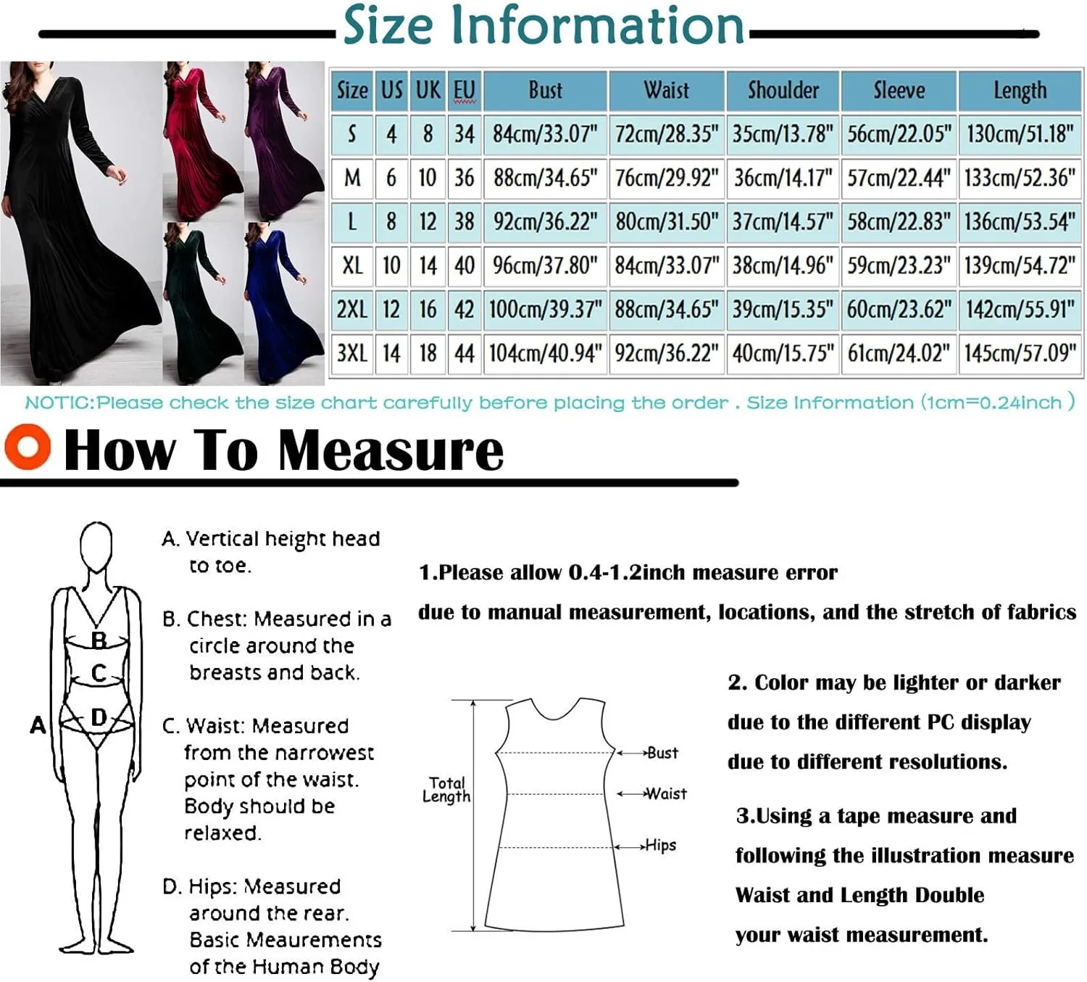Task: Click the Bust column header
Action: point(545,91)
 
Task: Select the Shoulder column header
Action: point(783,91)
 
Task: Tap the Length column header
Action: point(1020,91)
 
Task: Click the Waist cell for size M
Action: point(667,178)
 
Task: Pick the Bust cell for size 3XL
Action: point(545,354)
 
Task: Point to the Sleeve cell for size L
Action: point(899,222)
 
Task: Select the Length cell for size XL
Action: point(1020,265)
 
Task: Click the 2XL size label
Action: point(352,310)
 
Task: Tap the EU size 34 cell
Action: point(464,134)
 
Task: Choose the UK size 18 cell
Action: point(428,354)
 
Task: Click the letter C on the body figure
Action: point(99,673)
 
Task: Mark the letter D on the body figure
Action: point(99,717)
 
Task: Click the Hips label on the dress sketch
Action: point(660,845)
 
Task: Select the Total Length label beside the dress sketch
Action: point(446,790)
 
